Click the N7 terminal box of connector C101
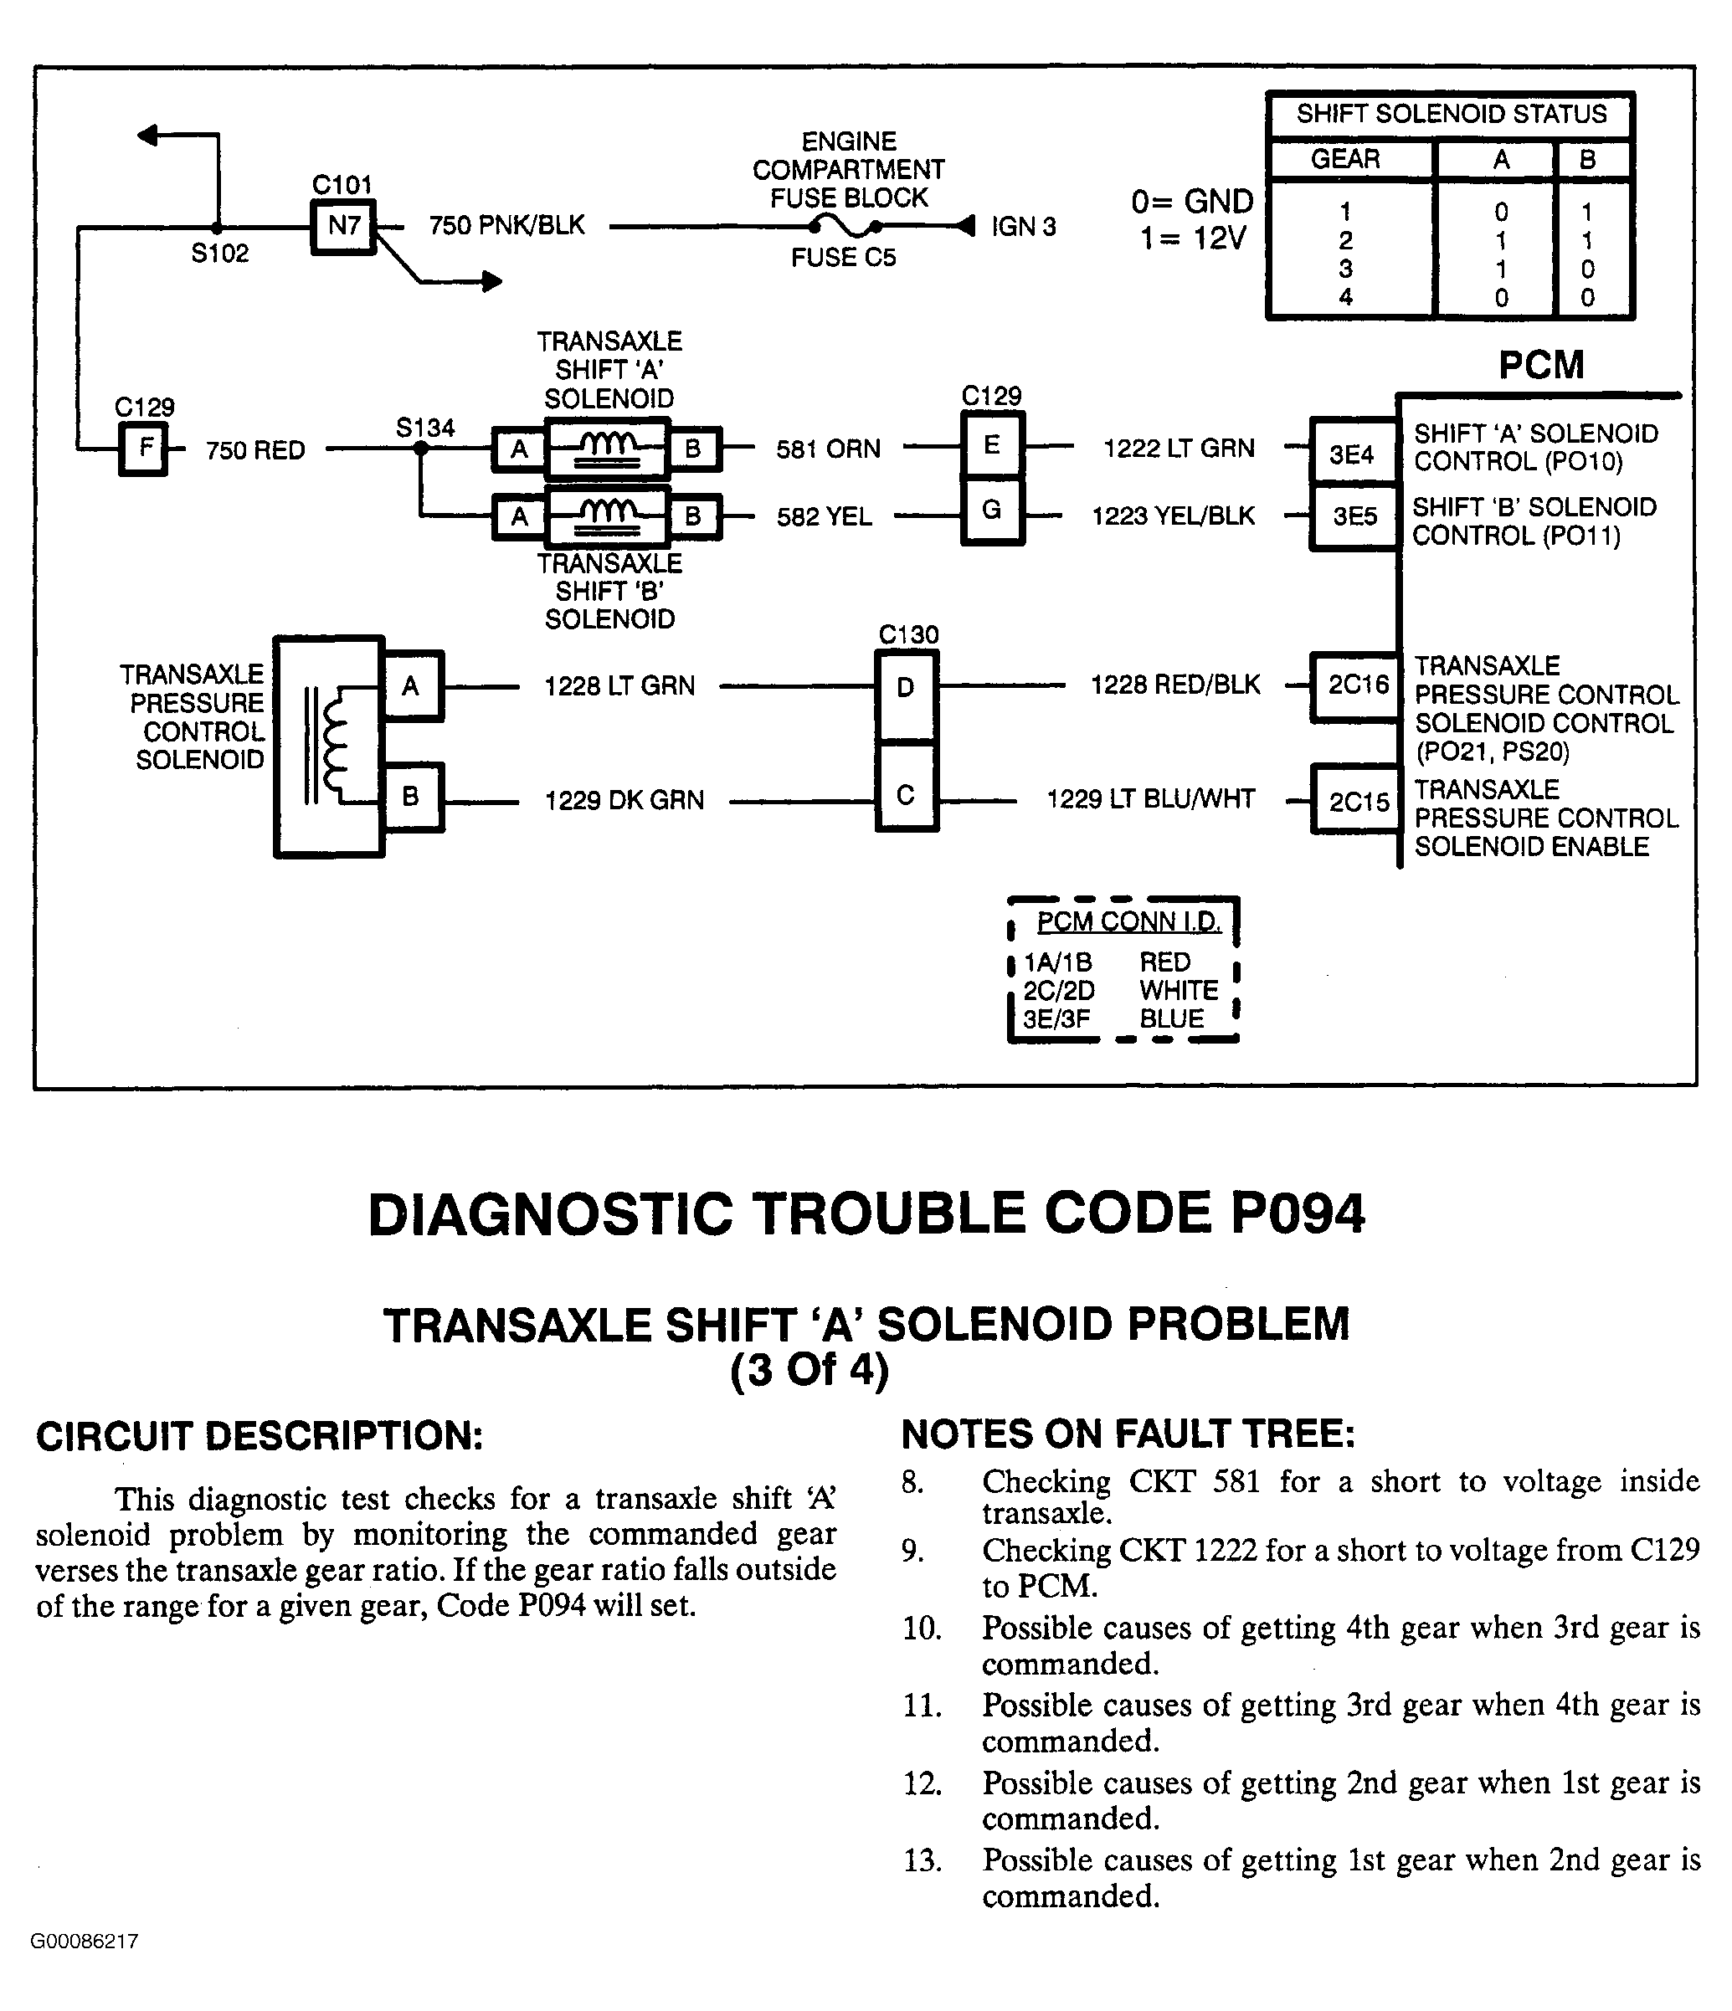point(344,227)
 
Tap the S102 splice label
point(219,254)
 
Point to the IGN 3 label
point(1023,227)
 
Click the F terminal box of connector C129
point(144,449)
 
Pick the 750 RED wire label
point(255,450)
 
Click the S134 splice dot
point(420,449)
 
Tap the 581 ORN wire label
point(828,449)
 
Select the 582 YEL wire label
point(825,517)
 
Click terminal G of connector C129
point(991,510)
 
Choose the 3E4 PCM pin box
point(1351,454)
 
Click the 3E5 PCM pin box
point(1354,516)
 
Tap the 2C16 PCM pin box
point(1357,686)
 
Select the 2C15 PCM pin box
point(1358,803)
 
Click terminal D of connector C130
point(906,688)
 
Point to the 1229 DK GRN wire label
point(624,801)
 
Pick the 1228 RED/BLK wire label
point(1174,685)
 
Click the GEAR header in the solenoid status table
point(1344,159)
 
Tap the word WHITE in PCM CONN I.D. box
point(1179,990)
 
